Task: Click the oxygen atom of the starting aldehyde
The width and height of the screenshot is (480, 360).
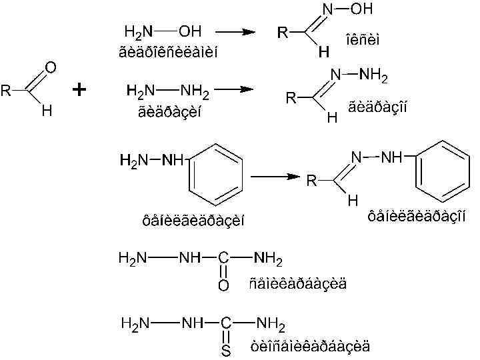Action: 50,67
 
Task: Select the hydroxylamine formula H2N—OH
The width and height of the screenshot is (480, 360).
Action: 163,31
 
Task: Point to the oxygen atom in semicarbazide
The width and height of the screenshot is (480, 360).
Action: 223,285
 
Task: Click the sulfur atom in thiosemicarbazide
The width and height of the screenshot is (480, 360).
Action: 225,351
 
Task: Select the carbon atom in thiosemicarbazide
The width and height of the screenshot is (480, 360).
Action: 225,325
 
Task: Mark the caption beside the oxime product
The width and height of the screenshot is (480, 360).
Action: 363,40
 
